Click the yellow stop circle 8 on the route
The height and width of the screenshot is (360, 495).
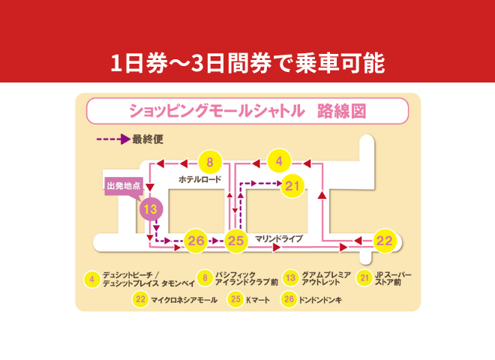[210, 162]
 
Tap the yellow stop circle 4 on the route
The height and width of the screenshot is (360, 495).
[279, 161]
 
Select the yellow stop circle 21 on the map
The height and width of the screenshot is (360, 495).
[292, 185]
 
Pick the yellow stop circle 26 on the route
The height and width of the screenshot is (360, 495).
[196, 241]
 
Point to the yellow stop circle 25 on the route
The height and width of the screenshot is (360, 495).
[236, 241]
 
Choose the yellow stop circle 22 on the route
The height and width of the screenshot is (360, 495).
[384, 241]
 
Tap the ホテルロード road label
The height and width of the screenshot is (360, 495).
[201, 180]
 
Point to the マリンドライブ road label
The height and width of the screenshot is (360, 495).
[278, 238]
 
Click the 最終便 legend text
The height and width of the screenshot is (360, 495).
[147, 138]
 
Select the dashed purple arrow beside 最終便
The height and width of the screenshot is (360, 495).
[112, 139]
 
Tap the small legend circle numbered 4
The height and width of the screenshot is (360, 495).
[91, 280]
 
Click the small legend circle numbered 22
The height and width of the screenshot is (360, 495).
[140, 299]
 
